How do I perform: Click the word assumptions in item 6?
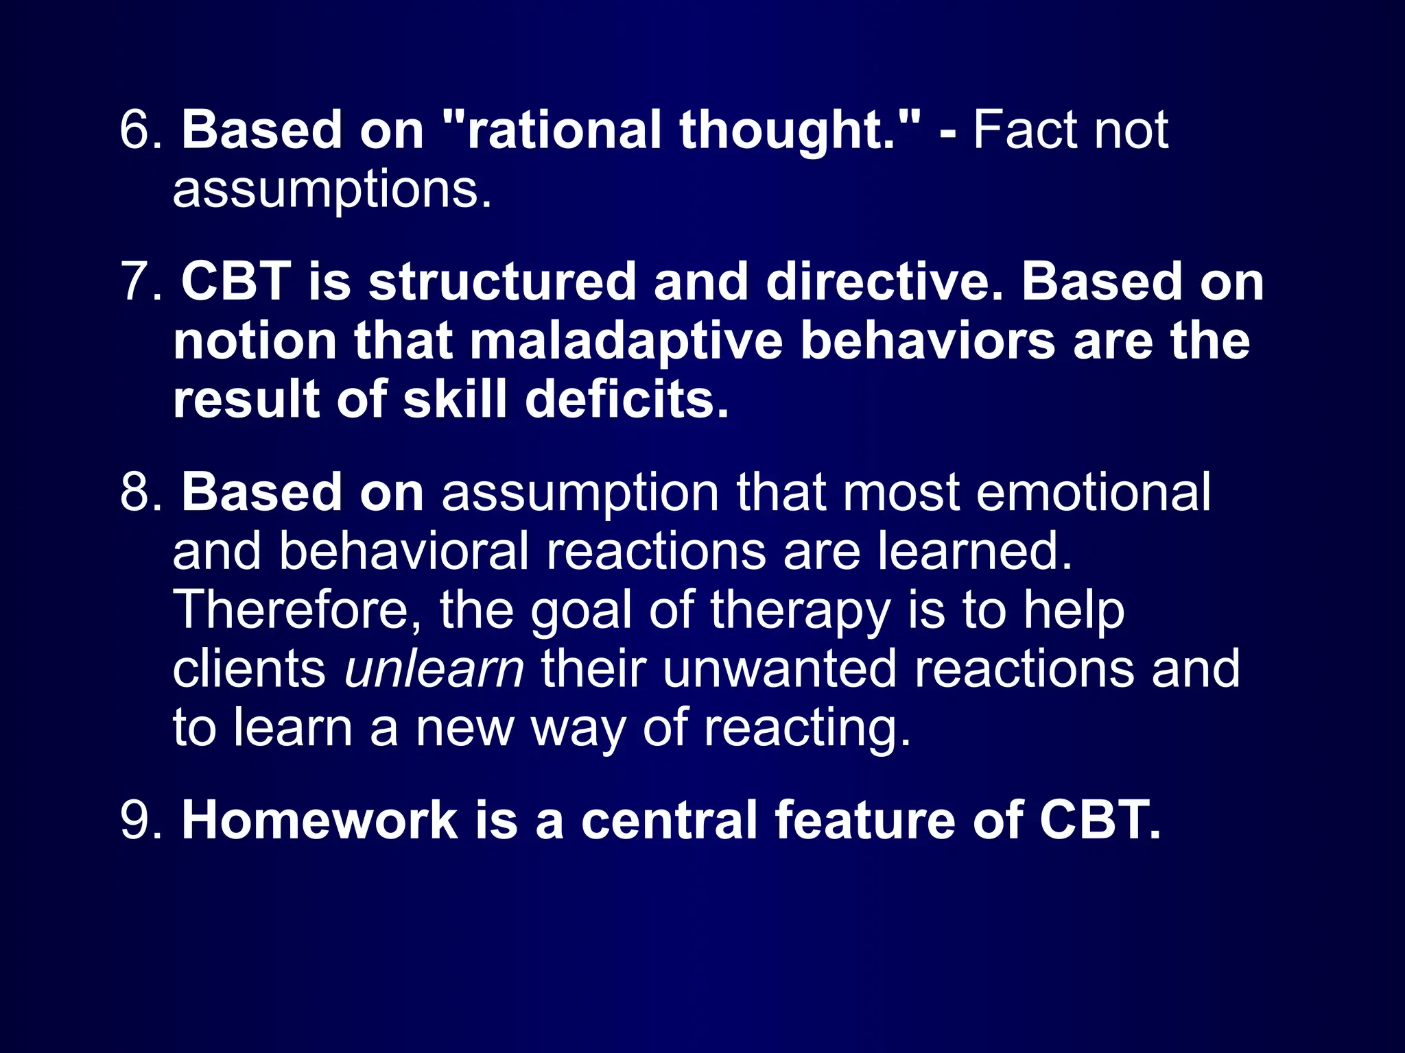[x=332, y=191]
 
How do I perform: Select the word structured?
[x=501, y=282]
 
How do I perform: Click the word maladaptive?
[x=625, y=341]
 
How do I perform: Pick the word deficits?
[x=626, y=400]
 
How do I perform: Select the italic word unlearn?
[x=434, y=669]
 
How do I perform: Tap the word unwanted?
[x=779, y=669]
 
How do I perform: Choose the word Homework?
[x=319, y=820]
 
